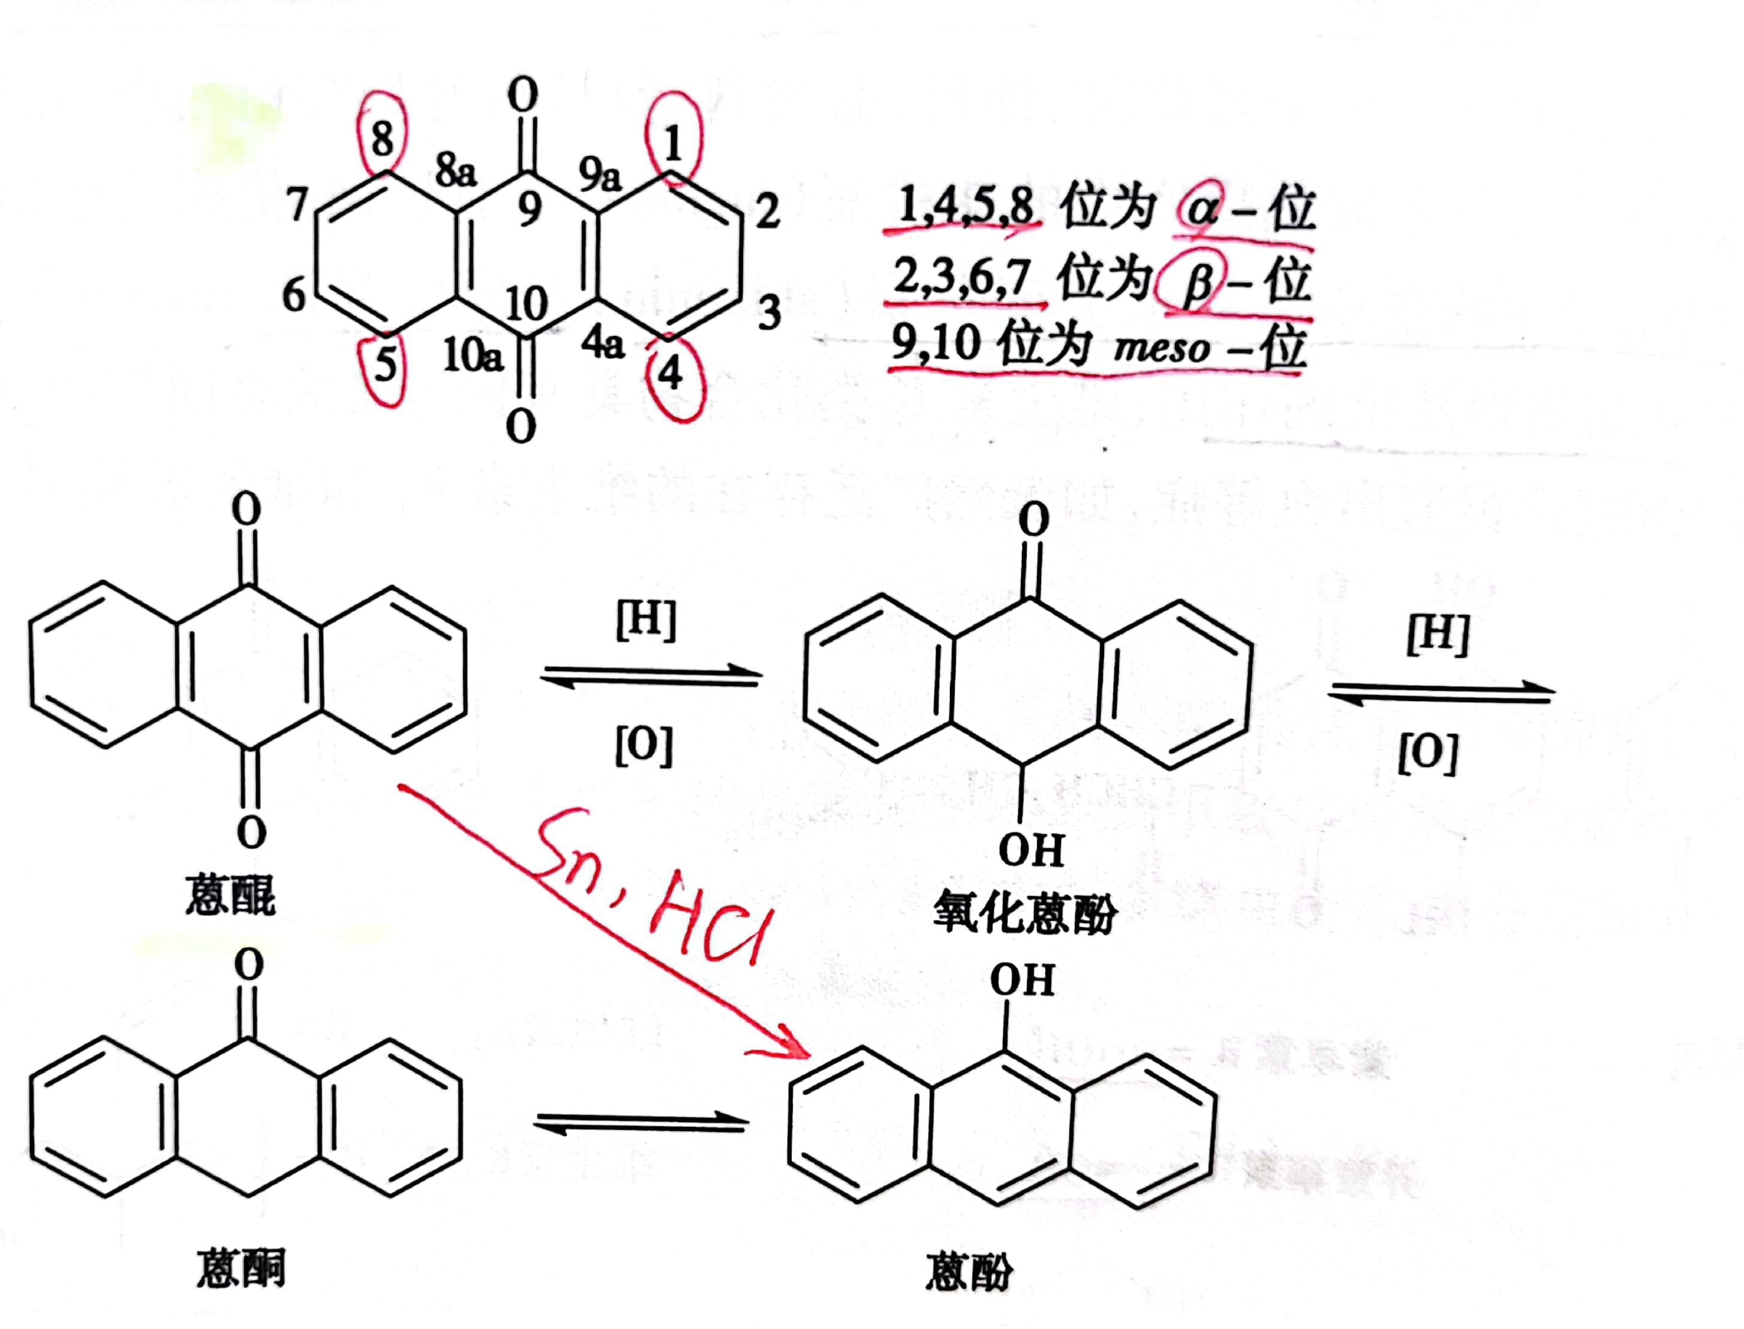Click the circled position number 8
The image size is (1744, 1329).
pyautogui.click(x=382, y=139)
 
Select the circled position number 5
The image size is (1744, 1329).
pyautogui.click(x=385, y=365)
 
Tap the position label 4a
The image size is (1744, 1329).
pyautogui.click(x=603, y=342)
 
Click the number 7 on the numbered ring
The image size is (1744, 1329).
pyautogui.click(x=297, y=204)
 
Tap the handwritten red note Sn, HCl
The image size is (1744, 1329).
pyautogui.click(x=648, y=894)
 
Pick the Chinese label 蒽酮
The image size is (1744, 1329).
pyautogui.click(x=240, y=1268)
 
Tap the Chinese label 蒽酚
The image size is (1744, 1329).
pyautogui.click(x=969, y=1271)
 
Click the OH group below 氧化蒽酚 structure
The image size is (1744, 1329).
pyautogui.click(x=1030, y=850)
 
